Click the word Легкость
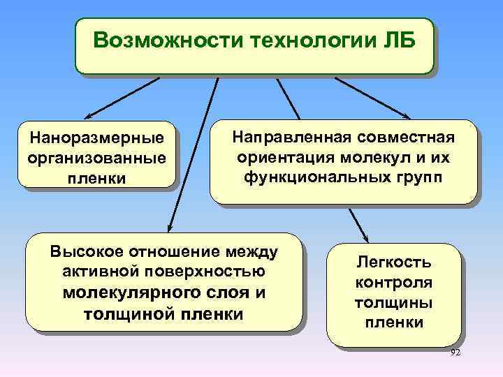coord(394,263)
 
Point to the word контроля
coord(394,283)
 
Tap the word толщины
coord(394,302)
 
